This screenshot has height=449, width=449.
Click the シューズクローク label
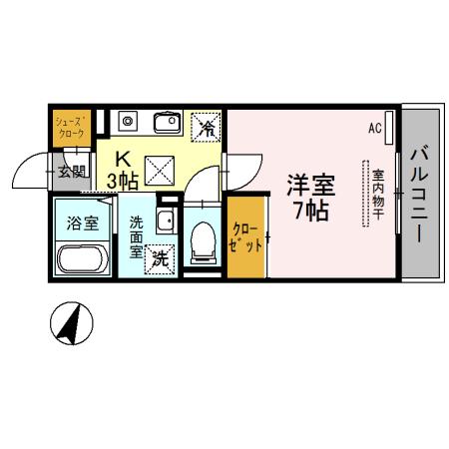click(x=71, y=125)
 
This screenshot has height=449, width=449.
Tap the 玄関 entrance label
click(x=71, y=171)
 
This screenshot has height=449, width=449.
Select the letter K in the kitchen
click(x=123, y=158)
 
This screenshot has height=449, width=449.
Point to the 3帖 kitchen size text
click(x=122, y=180)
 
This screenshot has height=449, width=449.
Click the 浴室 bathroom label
click(x=82, y=222)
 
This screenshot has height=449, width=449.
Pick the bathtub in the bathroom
click(x=83, y=259)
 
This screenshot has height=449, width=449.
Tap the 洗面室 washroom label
click(x=136, y=237)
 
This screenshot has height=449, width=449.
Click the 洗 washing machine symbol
click(x=160, y=260)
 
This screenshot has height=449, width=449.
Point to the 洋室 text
click(x=311, y=187)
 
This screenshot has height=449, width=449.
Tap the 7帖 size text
click(x=311, y=212)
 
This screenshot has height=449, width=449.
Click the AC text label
click(x=375, y=128)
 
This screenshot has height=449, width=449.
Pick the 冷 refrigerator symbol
click(x=209, y=126)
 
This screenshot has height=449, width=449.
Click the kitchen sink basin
click(x=166, y=123)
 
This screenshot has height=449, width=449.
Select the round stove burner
click(x=127, y=122)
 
